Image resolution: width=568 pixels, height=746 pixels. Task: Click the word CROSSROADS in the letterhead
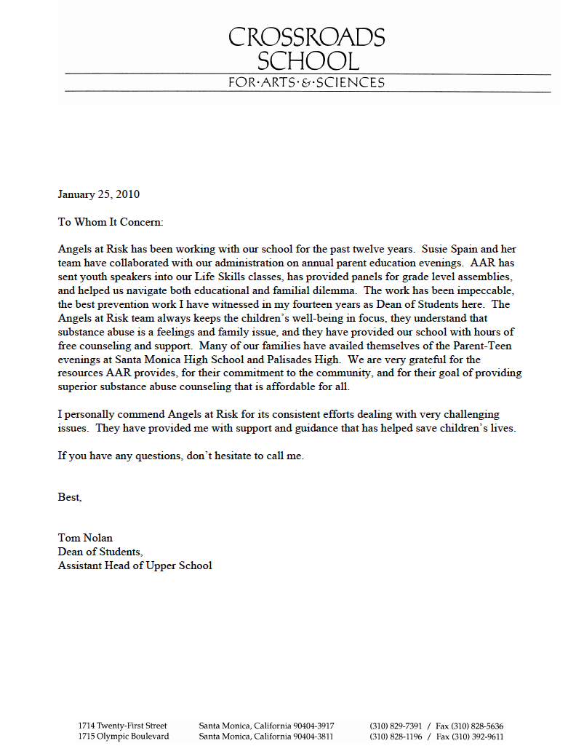(x=306, y=37)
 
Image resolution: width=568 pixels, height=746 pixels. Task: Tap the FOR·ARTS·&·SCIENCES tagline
(x=306, y=82)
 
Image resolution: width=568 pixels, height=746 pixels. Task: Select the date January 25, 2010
(x=99, y=194)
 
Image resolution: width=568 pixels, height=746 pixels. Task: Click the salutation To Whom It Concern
(x=111, y=221)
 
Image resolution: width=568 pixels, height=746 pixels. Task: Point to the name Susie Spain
(x=451, y=249)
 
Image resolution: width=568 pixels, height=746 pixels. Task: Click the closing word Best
(x=70, y=498)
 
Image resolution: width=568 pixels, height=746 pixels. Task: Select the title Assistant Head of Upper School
(x=135, y=566)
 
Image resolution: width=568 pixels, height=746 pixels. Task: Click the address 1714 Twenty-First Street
(x=122, y=726)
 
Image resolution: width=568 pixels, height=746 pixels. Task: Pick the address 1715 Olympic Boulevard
(x=124, y=737)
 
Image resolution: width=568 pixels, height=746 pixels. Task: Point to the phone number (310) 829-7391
(x=395, y=726)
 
